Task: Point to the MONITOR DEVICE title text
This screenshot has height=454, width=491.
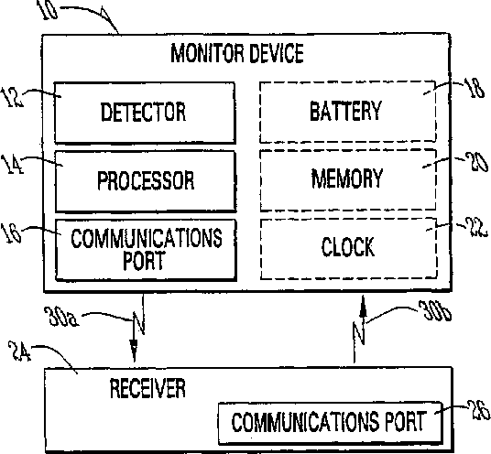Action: [x=237, y=53]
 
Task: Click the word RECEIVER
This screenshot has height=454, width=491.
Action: [x=147, y=388]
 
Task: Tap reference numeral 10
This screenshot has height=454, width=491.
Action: [x=47, y=9]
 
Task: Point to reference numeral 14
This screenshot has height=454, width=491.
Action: [x=12, y=165]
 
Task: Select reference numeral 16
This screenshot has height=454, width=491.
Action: [x=11, y=233]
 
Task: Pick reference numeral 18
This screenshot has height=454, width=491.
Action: [x=475, y=89]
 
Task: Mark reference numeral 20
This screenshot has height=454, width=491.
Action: [x=476, y=162]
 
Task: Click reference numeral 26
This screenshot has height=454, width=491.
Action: [x=479, y=410]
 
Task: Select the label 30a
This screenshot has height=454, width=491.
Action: [x=61, y=317]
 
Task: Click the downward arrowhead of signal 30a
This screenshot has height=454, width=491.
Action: [x=134, y=351]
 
